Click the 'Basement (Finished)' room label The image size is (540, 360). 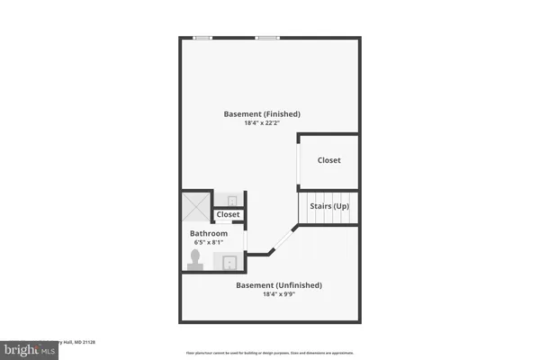[261, 114]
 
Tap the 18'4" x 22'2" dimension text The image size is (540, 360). [261, 123]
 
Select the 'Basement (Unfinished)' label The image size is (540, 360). [278, 285]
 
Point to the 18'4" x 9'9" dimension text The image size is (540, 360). [278, 294]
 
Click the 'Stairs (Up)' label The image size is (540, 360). [329, 207]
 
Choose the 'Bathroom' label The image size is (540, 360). [208, 233]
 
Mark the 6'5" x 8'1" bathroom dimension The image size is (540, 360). [208, 242]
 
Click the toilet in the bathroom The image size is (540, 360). [194, 259]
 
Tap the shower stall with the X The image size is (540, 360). [196, 208]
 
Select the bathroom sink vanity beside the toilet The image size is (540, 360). [229, 262]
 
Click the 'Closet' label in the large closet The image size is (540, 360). [328, 160]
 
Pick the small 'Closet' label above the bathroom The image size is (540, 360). [228, 215]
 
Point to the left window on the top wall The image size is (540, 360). [203, 38]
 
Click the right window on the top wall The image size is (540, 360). [266, 38]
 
